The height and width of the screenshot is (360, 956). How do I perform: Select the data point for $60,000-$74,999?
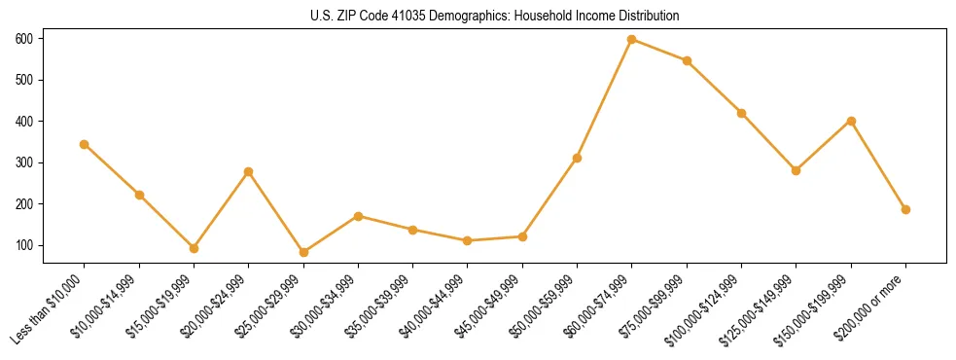tap(632, 39)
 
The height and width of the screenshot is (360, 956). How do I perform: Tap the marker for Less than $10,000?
tap(85, 144)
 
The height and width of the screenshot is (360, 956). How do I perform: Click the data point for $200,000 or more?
tap(905, 209)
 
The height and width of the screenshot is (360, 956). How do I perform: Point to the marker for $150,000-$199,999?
tap(851, 121)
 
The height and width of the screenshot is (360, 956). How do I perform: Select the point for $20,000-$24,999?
tap(249, 171)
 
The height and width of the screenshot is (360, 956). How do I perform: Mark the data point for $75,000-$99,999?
tap(687, 60)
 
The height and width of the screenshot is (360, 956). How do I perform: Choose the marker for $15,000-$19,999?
tap(194, 248)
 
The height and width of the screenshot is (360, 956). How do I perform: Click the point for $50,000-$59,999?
tap(577, 158)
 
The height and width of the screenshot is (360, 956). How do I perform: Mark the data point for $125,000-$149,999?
tap(797, 170)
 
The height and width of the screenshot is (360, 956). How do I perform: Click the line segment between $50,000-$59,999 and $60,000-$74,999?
tap(605, 98)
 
